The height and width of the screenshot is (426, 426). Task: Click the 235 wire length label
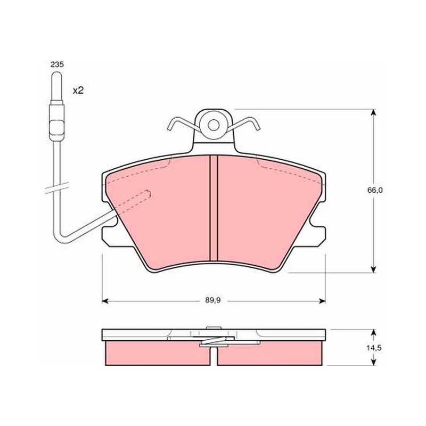click(57, 64)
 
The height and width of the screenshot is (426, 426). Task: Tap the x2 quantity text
click(78, 91)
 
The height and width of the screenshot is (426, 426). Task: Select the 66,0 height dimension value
click(375, 190)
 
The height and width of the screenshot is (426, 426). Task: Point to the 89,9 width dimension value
click(212, 300)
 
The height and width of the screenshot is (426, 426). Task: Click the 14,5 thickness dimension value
click(374, 348)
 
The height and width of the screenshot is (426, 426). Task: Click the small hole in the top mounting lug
click(214, 125)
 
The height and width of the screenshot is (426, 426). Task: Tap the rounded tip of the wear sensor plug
click(57, 75)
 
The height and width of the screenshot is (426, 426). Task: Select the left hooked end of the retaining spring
click(170, 126)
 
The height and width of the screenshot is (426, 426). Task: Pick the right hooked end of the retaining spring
click(257, 126)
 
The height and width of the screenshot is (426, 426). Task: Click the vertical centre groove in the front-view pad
click(214, 208)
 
